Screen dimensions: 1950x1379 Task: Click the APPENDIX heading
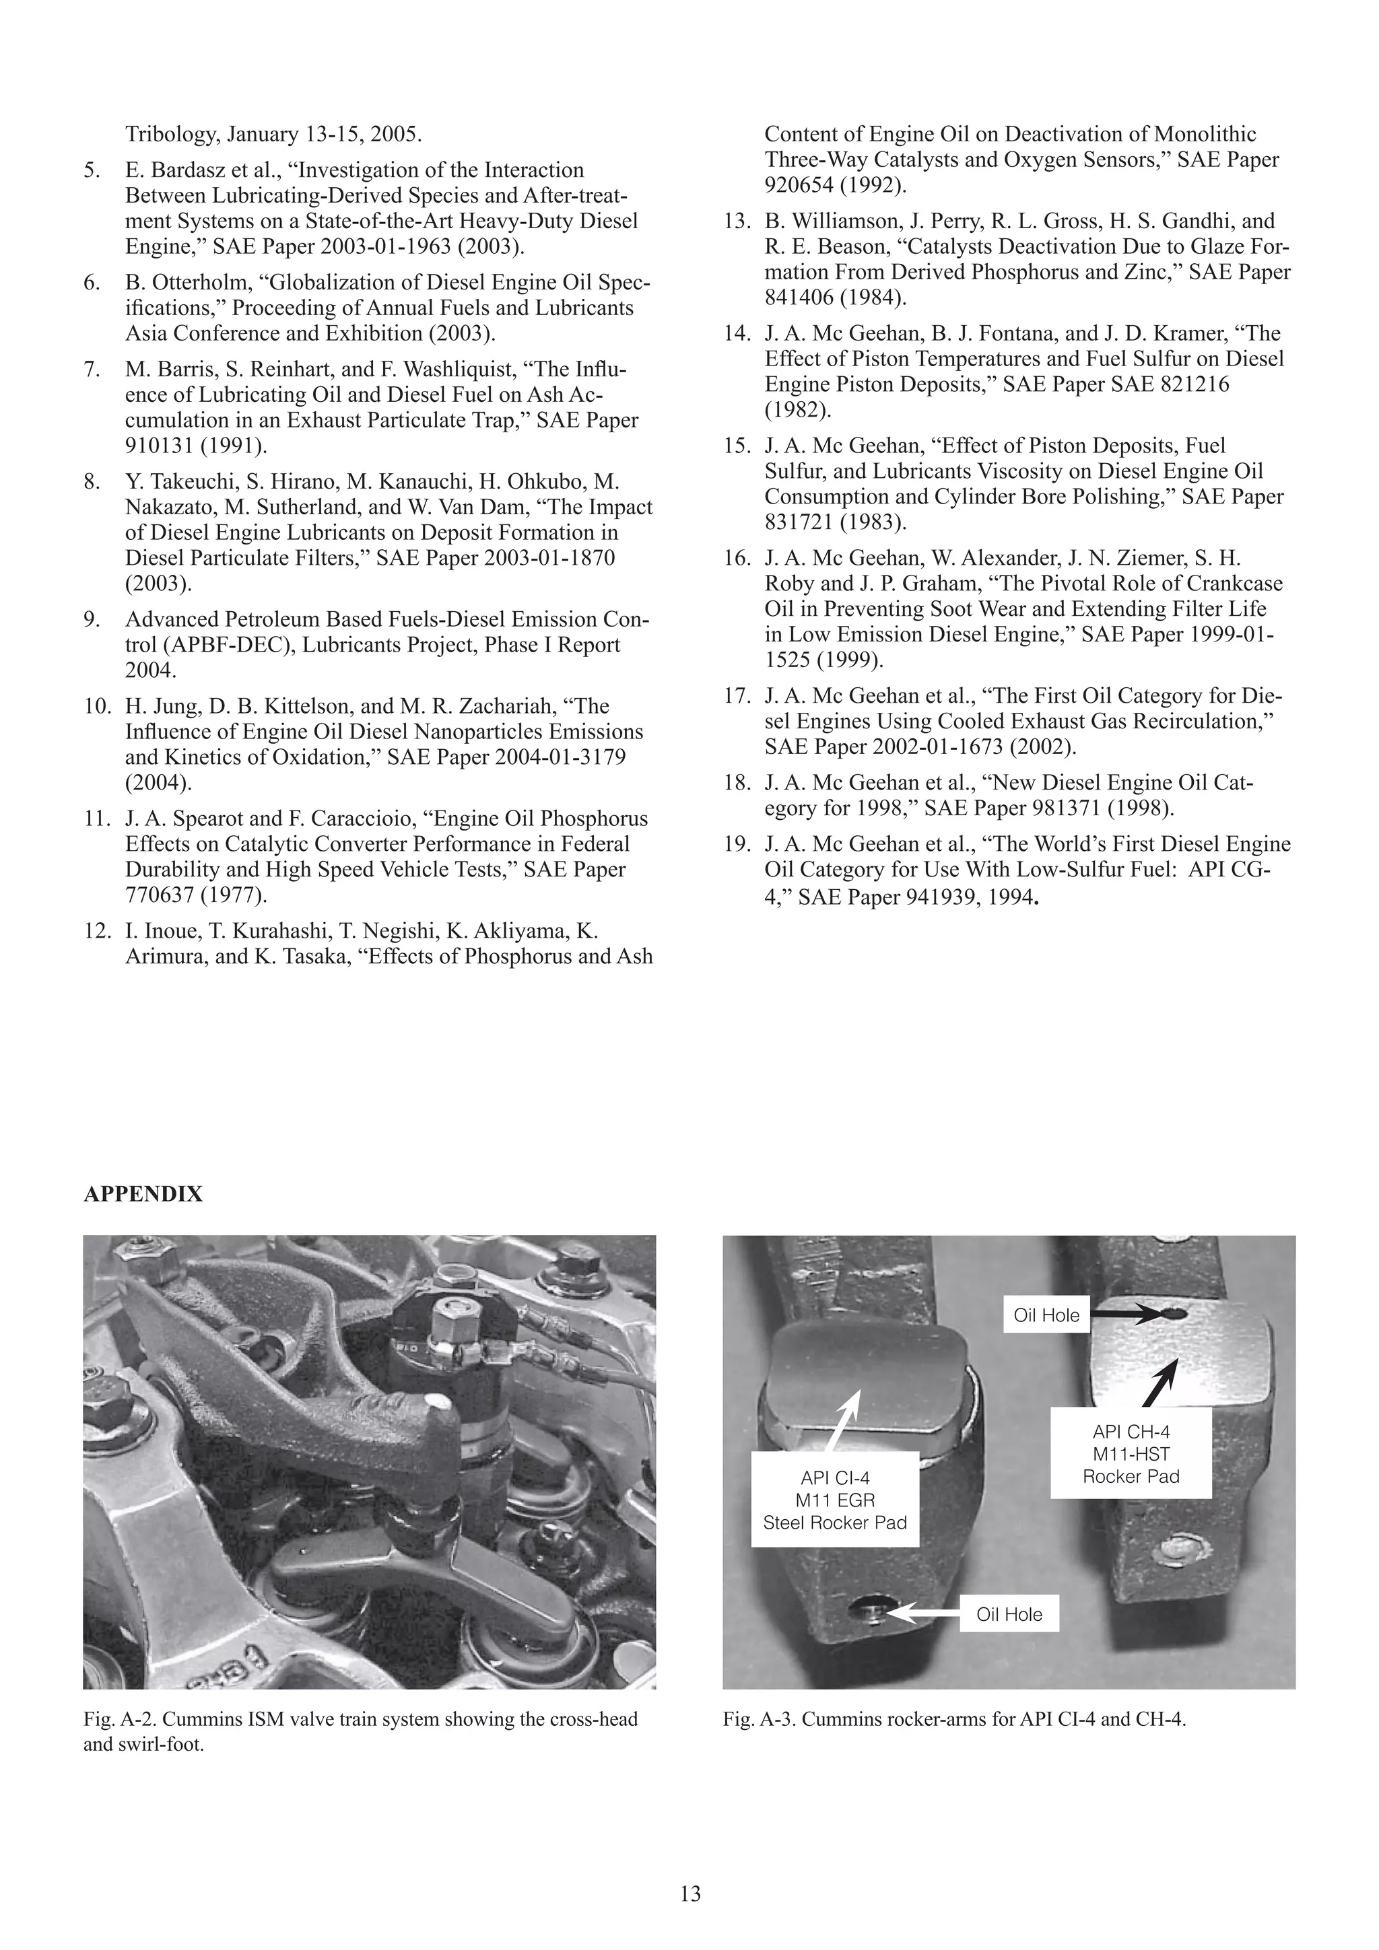(x=143, y=1194)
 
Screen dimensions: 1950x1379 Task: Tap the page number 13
(x=690, y=1894)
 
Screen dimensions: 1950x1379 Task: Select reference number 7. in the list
(x=93, y=370)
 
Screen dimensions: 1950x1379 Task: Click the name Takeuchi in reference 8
(x=181, y=481)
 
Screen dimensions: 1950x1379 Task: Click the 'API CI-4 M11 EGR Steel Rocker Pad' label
(x=834, y=1501)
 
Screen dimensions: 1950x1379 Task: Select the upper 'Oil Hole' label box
(x=1046, y=1315)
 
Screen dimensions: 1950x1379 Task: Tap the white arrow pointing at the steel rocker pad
(x=843, y=1419)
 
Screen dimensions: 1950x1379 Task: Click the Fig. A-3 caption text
(x=954, y=1720)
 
